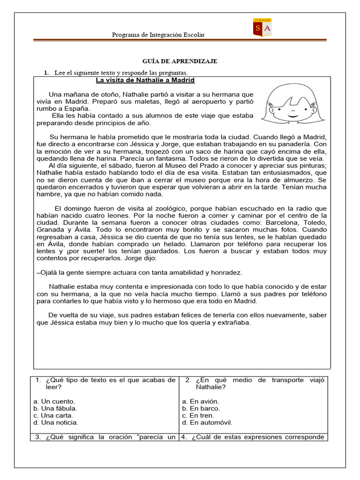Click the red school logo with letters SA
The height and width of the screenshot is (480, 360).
tap(262, 28)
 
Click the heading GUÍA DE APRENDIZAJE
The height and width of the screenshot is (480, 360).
tap(180, 61)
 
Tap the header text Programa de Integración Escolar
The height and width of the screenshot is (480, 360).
tap(158, 35)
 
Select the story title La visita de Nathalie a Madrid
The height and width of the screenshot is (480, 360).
tap(145, 80)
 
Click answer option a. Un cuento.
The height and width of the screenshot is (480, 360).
tap(54, 401)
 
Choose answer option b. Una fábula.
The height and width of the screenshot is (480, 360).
tap(56, 408)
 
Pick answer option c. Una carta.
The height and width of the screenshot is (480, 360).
tap(53, 415)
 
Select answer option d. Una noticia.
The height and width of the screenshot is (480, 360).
tap(56, 422)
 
